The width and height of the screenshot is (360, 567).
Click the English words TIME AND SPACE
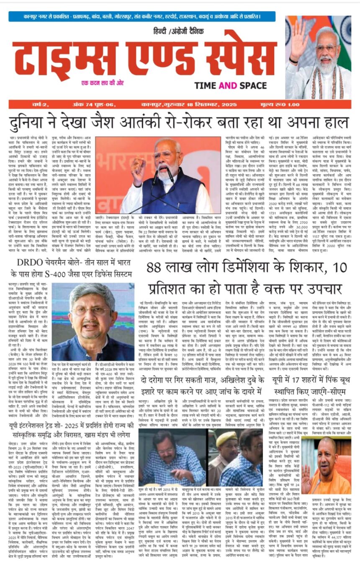(230, 86)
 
